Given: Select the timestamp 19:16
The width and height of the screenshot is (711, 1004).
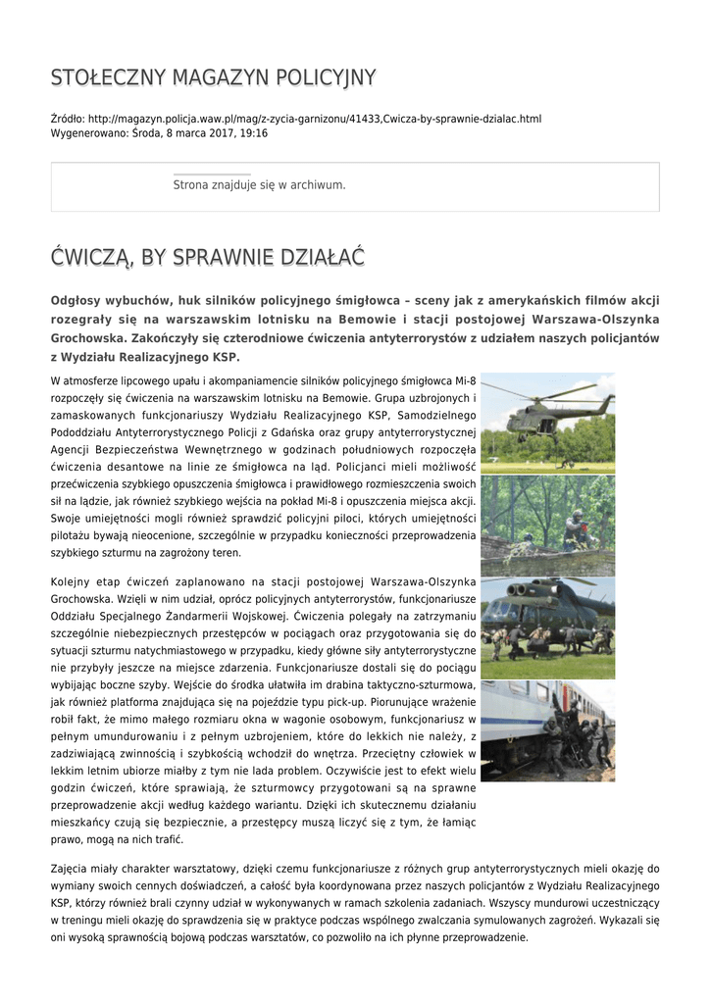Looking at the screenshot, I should (x=254, y=132).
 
